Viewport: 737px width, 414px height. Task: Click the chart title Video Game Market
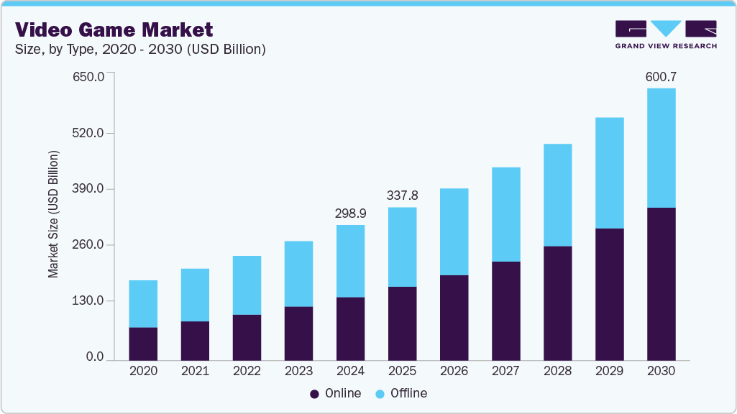pos(114,29)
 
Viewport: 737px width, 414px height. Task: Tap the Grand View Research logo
pos(666,34)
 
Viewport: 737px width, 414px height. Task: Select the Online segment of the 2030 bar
pos(661,284)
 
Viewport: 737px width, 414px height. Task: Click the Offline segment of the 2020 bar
pos(143,304)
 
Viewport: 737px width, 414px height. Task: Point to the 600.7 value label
pos(661,76)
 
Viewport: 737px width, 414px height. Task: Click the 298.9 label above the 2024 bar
pos(350,213)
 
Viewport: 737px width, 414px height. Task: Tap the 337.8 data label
pos(402,195)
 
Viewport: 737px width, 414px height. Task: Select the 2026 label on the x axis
pos(454,372)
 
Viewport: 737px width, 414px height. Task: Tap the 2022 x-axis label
pos(247,372)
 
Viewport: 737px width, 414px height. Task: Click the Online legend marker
pos(314,394)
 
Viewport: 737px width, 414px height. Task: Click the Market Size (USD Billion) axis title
pos(53,215)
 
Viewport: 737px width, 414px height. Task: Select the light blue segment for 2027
pos(505,214)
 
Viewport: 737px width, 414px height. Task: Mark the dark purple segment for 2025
pos(402,323)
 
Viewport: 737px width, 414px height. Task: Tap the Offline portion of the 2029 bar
pos(609,173)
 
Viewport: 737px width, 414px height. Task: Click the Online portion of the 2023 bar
pos(298,333)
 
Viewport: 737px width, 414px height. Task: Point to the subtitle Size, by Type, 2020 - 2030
pos(141,50)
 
